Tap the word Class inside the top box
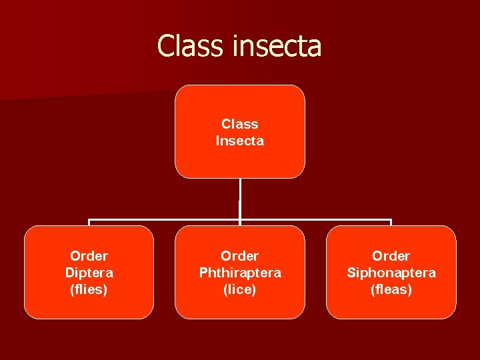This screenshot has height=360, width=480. (x=240, y=123)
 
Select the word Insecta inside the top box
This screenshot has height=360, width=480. (x=240, y=141)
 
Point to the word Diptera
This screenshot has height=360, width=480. (x=89, y=273)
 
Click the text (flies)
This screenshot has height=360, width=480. (x=89, y=289)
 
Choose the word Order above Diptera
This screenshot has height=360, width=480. (x=89, y=256)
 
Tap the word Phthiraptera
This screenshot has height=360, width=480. (x=240, y=273)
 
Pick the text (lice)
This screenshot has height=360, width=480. (x=240, y=289)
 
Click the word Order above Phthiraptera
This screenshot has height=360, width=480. (x=240, y=256)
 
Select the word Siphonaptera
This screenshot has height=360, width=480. (x=391, y=273)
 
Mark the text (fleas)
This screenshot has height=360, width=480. (x=391, y=289)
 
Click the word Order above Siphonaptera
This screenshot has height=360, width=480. (x=391, y=256)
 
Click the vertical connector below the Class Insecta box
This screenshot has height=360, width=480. (x=240, y=199)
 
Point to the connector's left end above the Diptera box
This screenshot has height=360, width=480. (x=89, y=221)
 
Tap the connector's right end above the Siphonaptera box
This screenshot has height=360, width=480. (x=391, y=221)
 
